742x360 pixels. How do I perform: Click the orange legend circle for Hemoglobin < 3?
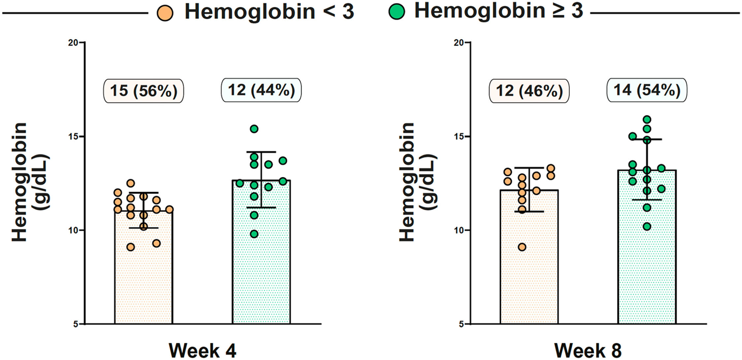tap(165, 13)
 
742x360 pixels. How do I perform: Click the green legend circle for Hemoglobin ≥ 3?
tap(397, 12)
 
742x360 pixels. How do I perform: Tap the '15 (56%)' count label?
tap(143, 91)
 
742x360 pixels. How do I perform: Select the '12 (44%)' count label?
tap(261, 90)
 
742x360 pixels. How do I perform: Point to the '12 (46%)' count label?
tap(529, 91)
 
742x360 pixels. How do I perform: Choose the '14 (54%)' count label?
tap(647, 90)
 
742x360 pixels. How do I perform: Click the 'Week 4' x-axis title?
tap(202, 350)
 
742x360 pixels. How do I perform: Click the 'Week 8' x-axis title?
tap(588, 350)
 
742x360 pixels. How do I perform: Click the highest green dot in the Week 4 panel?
tap(254, 129)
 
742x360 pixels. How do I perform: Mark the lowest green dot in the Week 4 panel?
tap(254, 234)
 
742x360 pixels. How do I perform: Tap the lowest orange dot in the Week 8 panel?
tap(522, 247)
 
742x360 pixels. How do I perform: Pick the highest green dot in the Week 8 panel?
tap(647, 119)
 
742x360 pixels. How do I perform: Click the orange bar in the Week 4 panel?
tap(143, 267)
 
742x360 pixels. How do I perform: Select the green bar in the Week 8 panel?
tap(647, 247)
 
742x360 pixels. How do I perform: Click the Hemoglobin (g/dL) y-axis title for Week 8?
tap(417, 182)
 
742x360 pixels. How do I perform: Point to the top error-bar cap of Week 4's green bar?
tap(261, 152)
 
